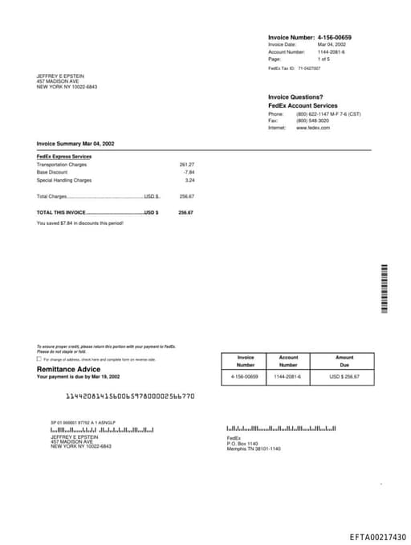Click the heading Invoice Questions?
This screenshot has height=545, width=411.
pos(295,97)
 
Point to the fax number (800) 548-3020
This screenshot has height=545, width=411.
pos(312,121)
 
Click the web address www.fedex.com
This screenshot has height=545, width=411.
pos(313,128)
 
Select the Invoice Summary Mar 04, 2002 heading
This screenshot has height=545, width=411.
pos(75,143)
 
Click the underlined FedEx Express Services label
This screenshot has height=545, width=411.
pos(64,156)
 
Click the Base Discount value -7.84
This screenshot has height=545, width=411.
pos(189,172)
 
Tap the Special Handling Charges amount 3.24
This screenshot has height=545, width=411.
pos(189,180)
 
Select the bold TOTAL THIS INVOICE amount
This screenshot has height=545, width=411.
pos(185,212)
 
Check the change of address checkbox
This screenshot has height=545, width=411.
pos(39,359)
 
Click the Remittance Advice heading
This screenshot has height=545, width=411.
pos(69,369)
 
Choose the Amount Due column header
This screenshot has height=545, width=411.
pos(344,361)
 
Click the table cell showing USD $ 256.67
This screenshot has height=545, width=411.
pos(344,376)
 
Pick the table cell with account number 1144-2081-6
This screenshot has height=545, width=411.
pos(287,376)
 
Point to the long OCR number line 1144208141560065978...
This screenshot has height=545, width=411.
pos(129,396)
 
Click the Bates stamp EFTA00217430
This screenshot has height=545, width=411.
pos(377,537)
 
